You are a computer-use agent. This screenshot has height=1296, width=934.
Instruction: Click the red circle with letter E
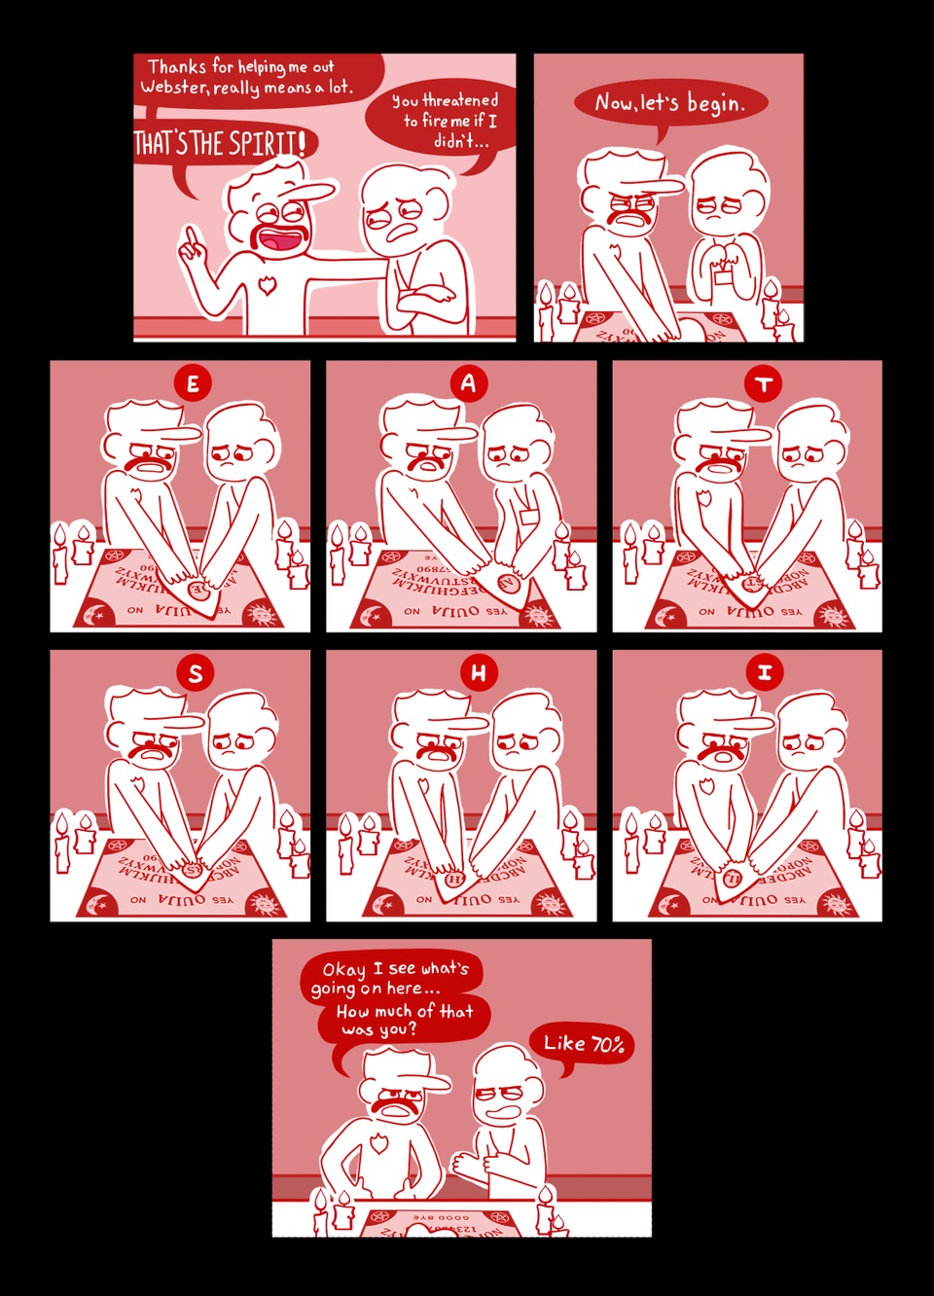(193, 383)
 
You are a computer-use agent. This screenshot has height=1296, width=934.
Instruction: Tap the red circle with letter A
(468, 383)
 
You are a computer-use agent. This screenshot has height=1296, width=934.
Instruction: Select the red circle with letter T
(764, 383)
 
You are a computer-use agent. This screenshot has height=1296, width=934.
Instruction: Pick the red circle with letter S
(196, 672)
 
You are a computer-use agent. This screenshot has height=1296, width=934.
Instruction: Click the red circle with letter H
(478, 672)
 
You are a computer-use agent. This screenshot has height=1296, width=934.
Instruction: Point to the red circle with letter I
(765, 672)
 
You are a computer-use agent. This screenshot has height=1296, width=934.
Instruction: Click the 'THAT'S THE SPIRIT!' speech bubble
(219, 144)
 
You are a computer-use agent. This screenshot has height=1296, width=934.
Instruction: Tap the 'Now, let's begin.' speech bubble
(669, 102)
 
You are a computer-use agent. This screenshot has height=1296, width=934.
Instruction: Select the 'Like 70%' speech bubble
(582, 1044)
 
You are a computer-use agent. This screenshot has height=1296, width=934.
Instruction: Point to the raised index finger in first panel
(191, 238)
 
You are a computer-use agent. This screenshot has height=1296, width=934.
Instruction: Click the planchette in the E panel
(197, 590)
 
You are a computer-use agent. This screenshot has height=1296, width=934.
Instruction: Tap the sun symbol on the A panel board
(536, 614)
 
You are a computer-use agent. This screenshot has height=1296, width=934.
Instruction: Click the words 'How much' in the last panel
(375, 1011)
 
